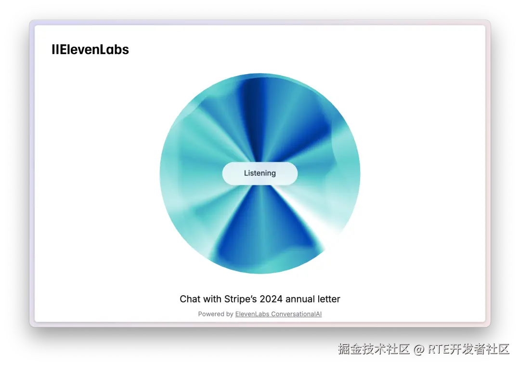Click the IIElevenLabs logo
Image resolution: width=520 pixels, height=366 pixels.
point(90,50)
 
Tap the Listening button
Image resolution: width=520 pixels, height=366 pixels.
point(260,173)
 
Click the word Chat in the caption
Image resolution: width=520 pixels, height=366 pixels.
point(190,299)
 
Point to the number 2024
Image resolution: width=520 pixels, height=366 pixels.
point(271,299)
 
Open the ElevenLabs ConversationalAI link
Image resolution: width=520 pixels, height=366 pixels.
point(278,314)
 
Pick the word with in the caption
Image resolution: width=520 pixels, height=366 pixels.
point(212,299)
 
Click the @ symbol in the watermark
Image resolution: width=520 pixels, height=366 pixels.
point(418,349)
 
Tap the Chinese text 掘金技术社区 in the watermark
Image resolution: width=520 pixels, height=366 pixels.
point(374,349)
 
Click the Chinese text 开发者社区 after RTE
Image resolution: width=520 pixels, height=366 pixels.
point(480,349)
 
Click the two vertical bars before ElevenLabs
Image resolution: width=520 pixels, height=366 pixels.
point(55,50)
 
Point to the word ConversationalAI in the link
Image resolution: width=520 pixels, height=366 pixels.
point(297,314)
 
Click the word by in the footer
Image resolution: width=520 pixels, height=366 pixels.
point(230,314)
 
